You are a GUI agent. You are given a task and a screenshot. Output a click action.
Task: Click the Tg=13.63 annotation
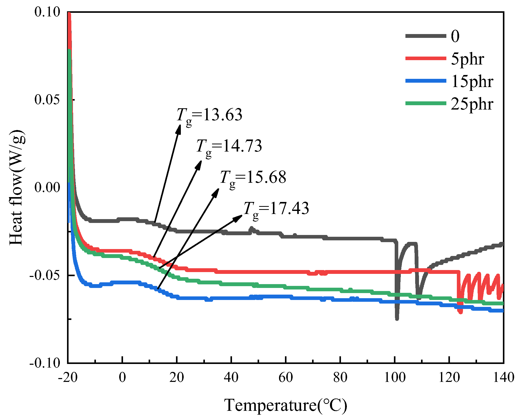pos(209,115)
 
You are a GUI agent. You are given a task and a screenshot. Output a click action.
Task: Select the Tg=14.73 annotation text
pos(229,147)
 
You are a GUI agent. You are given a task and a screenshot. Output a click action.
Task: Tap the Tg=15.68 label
pos(253,178)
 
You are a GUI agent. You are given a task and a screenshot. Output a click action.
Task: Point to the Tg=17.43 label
pos(276,209)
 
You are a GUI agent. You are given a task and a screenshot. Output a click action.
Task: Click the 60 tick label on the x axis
pos(285,378)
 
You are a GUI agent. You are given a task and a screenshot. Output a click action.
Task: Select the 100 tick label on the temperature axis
pos(394,378)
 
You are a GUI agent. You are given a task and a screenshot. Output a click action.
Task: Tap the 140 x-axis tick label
pos(503,378)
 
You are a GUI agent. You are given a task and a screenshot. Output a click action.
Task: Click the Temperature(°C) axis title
pos(285,405)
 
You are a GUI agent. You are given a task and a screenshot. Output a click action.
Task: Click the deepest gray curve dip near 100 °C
pos(397,318)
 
